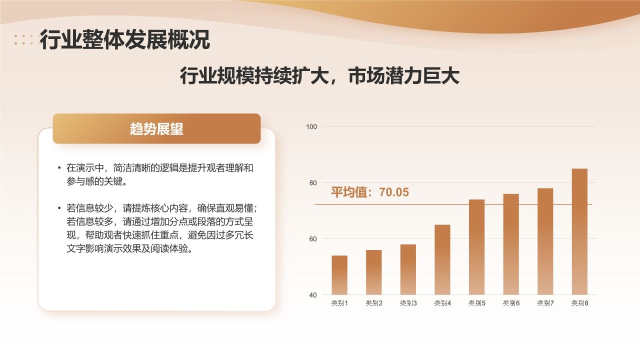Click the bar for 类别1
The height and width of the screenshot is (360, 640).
coord(339,275)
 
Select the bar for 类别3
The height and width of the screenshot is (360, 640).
coord(408,269)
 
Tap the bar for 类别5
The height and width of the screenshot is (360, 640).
coord(476,247)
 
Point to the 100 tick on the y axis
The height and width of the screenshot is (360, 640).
coord(311,127)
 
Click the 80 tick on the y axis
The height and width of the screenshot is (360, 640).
coord(312,183)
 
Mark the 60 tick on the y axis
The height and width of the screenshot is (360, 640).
coord(312,239)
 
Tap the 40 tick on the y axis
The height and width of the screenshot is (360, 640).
coord(312,295)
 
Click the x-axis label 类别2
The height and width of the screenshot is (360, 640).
coord(374,303)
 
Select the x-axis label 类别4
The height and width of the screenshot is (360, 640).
coord(442,303)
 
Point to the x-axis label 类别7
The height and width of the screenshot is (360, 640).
coord(545,303)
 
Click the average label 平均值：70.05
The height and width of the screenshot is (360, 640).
coord(370,192)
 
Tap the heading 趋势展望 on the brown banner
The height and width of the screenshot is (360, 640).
coord(156,129)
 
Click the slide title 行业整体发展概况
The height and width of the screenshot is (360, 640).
coord(125,40)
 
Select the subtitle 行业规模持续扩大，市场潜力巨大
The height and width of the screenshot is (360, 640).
coord(319,76)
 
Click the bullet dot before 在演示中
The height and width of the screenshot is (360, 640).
coord(59,168)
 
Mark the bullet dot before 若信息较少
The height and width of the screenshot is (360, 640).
coord(59,207)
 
